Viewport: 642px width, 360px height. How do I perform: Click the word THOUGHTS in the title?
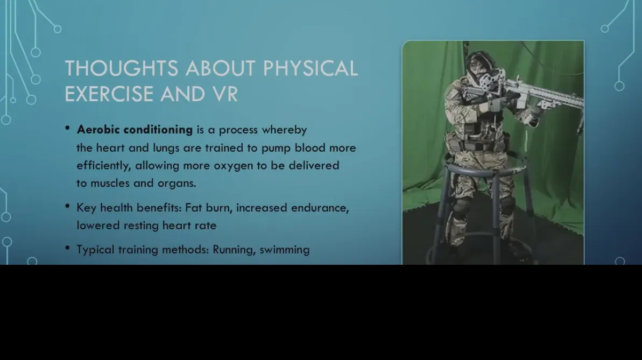[x=122, y=68]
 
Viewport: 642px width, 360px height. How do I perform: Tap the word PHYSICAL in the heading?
[x=311, y=68]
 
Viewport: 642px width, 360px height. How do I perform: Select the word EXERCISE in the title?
[x=109, y=94]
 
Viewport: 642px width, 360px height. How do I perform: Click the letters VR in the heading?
[x=225, y=94]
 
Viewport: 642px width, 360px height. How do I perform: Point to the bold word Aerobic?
[x=98, y=130]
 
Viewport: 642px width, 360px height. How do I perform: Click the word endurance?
[x=320, y=208]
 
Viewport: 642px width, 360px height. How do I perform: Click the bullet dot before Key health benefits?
[x=68, y=207]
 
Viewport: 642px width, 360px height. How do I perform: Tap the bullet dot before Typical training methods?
[x=68, y=248]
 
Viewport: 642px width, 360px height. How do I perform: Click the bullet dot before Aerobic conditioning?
[x=68, y=128]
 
